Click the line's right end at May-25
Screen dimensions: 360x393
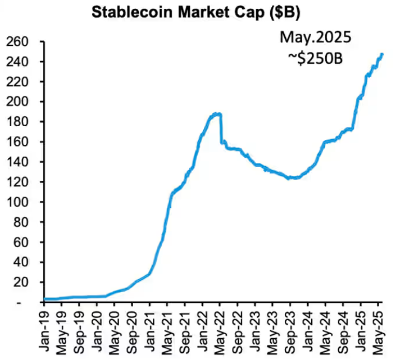click(382, 54)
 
